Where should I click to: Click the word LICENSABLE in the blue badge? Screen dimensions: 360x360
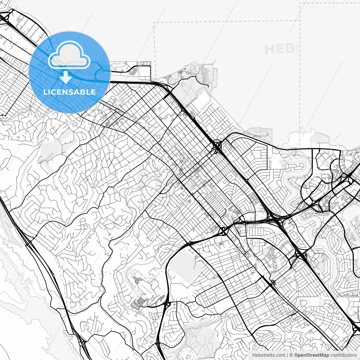[69, 92]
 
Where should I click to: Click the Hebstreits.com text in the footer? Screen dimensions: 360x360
[269, 355]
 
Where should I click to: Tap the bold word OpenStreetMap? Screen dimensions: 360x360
[312, 355]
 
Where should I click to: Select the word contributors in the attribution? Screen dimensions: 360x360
[343, 355]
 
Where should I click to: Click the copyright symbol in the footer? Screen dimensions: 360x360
[291, 355]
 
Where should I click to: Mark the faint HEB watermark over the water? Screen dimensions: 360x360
[280, 49]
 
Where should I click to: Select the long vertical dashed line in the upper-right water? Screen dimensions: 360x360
[300, 70]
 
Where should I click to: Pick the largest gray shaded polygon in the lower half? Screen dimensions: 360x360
[183, 263]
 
